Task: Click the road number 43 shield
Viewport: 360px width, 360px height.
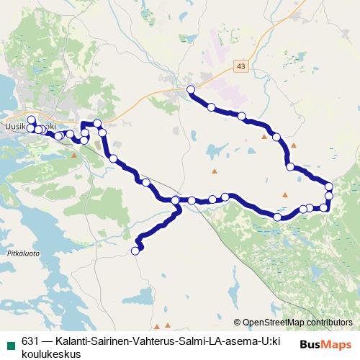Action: tap(240, 66)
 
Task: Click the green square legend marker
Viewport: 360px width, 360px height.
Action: tap(9, 341)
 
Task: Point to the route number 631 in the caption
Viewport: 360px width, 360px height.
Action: tap(30, 341)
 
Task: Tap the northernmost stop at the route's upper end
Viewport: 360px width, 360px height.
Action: tap(191, 89)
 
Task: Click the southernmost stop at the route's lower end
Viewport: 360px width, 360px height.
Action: tap(135, 251)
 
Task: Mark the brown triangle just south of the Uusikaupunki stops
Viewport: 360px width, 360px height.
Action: tap(73, 153)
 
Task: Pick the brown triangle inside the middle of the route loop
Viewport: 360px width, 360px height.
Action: tap(214, 171)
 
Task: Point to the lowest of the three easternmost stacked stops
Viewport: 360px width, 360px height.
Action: tap(325, 207)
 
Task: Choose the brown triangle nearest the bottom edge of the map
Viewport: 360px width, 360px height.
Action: tap(168, 325)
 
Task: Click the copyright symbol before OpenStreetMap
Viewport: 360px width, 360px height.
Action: tap(238, 323)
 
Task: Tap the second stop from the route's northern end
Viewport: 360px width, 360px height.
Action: tap(211, 107)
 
